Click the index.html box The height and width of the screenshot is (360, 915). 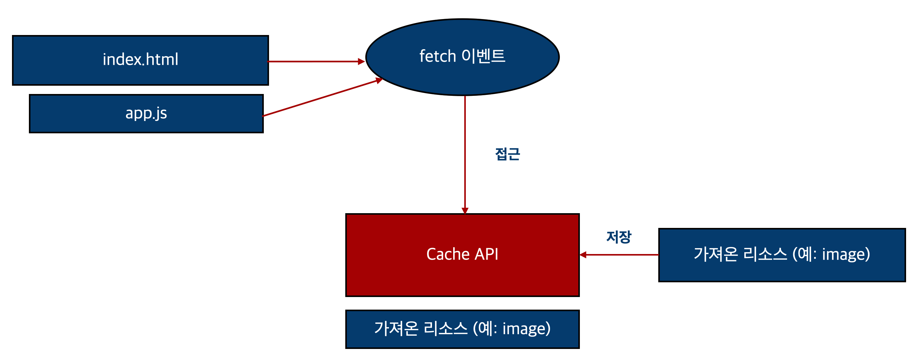(x=140, y=60)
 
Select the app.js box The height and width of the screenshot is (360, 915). (x=146, y=114)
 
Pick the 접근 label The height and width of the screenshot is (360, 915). (x=507, y=154)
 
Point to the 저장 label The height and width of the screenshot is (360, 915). (x=618, y=237)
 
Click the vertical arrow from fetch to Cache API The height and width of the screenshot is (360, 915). (x=465, y=153)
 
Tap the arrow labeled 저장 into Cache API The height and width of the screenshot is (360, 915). (x=620, y=255)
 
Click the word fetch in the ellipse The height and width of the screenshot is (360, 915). (x=438, y=56)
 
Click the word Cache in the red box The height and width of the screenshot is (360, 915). (x=448, y=254)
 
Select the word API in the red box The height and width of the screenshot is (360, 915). (x=486, y=254)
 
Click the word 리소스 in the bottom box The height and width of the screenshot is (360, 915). (x=446, y=328)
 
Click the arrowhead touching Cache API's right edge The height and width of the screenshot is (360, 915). (x=583, y=255)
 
